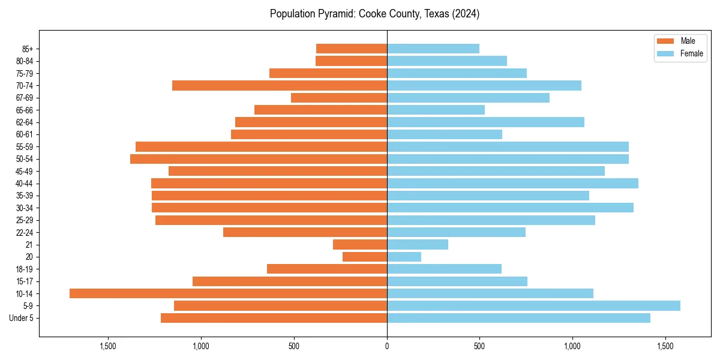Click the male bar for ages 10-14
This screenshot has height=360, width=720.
click(228, 293)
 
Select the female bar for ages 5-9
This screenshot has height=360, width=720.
click(533, 305)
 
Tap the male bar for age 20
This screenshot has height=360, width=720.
click(365, 257)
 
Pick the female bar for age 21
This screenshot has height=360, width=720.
click(418, 244)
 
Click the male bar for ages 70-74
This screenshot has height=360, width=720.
click(280, 85)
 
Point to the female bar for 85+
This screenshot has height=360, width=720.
click(433, 49)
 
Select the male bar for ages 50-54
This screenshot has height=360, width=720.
click(259, 159)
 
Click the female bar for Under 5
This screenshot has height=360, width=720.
click(518, 318)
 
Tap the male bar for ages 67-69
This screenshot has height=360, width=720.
click(339, 98)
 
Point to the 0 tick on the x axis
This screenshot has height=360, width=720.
click(387, 347)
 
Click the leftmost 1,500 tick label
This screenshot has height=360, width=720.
click(108, 347)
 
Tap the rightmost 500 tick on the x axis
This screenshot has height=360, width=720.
click(479, 347)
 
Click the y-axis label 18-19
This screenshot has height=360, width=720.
click(25, 269)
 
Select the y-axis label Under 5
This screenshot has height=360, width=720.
click(22, 318)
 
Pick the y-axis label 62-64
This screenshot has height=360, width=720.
click(25, 122)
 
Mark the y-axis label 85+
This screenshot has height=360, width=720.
click(28, 49)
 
